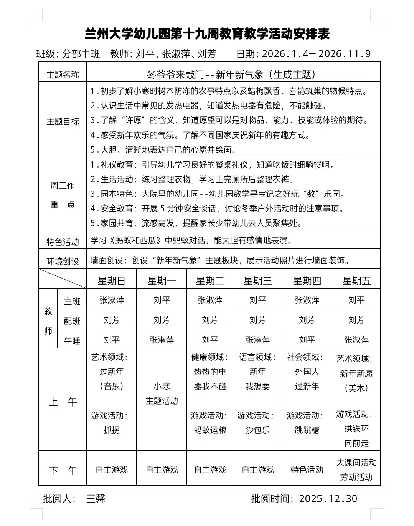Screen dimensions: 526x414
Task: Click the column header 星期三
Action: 257,281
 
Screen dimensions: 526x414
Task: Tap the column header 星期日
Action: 111,281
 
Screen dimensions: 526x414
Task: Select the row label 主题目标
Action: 63,121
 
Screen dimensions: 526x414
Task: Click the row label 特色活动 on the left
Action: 63,242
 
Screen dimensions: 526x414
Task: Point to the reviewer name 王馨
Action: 96,499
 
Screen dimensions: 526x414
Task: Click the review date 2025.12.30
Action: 328,499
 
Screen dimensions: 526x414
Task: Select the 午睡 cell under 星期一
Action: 162,340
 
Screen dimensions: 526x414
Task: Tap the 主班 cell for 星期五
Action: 356,300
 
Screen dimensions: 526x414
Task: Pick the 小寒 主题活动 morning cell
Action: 162,393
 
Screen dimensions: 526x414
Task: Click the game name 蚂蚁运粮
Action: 210,430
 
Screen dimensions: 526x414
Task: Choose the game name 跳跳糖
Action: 307,430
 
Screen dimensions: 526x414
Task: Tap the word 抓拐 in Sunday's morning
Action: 111,430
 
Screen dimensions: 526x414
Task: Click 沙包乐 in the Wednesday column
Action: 257,430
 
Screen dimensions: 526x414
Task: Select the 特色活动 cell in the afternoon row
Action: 307,470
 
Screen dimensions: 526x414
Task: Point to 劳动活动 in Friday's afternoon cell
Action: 356,477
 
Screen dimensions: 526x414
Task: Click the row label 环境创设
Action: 63,261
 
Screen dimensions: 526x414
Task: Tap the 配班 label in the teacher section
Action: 72,321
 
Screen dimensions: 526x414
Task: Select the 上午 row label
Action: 63,402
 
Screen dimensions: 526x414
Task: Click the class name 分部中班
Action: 81,54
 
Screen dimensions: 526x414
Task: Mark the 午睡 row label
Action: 72,340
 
